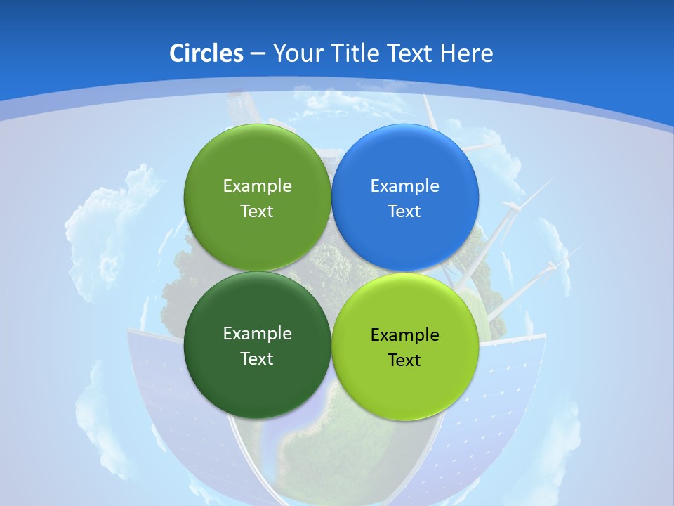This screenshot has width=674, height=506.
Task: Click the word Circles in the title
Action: coord(206,53)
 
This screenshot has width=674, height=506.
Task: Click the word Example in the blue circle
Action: coord(404,186)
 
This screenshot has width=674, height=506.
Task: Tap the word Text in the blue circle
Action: coord(404,212)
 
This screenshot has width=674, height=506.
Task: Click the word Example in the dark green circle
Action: coord(257,334)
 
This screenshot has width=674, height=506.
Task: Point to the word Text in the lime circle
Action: coord(404,361)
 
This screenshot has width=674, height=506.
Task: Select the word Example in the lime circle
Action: coord(404,335)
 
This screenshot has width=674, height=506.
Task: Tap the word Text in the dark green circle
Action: coord(257,359)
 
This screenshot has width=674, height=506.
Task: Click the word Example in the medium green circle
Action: coord(257,186)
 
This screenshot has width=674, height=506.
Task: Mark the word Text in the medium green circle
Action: coord(257,212)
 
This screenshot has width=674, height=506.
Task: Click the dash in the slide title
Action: coord(258,54)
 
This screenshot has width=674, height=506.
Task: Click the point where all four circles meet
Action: coord(331,272)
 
